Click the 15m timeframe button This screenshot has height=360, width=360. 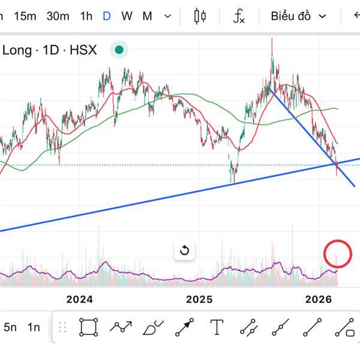[x=25, y=16]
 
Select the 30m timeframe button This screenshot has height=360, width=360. [x=58, y=16]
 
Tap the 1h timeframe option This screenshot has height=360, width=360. [x=86, y=16]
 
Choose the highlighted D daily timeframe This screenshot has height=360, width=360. [x=107, y=16]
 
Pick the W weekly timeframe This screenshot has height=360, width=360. [x=127, y=16]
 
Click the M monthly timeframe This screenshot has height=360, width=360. [x=147, y=16]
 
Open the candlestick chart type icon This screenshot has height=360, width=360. [x=200, y=16]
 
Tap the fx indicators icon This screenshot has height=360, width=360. [x=239, y=16]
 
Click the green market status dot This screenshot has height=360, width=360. [x=119, y=50]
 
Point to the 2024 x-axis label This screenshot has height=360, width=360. [x=80, y=299]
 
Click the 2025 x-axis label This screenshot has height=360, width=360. [x=200, y=299]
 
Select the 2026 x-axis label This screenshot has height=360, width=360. [x=319, y=299]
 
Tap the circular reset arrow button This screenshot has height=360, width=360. [x=184, y=250]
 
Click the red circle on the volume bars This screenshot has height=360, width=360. [x=337, y=254]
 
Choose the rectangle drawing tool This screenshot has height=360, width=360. [x=89, y=328]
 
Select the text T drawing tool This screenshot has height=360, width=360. [x=217, y=328]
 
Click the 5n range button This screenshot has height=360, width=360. [x=10, y=328]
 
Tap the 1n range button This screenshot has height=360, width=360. [x=34, y=328]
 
